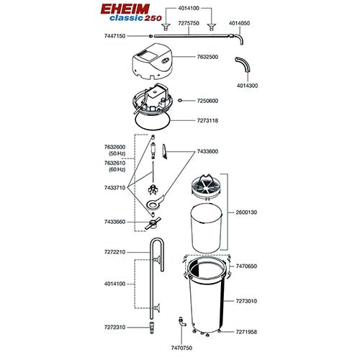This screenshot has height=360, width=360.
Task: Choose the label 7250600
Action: tap(204, 101)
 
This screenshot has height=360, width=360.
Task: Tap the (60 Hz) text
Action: tap(116, 171)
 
